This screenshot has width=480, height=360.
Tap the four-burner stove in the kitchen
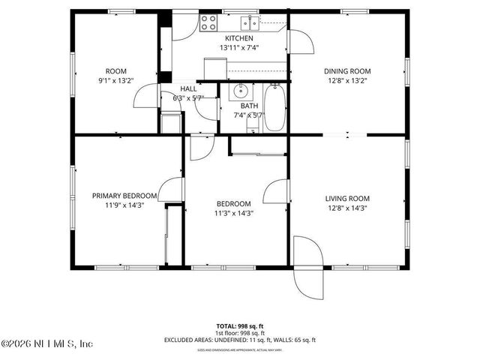pyautogui.click(x=210, y=22)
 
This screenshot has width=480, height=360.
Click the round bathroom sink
pyautogui.click(x=240, y=92)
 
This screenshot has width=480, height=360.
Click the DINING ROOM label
pyautogui.click(x=347, y=72)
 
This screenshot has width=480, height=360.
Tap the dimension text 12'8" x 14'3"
pyautogui.click(x=347, y=208)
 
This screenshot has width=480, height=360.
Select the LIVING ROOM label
pyautogui.click(x=347, y=199)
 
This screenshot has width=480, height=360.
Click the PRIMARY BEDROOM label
pyautogui.click(x=124, y=196)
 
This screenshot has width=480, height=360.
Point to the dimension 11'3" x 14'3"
pyautogui.click(x=234, y=213)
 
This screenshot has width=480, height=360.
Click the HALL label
pyautogui.click(x=188, y=88)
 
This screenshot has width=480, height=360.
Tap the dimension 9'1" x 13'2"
pyautogui.click(x=118, y=82)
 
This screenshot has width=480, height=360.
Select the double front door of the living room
pyautogui.click(x=308, y=266)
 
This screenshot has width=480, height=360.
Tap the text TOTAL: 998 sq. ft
pyautogui.click(x=240, y=326)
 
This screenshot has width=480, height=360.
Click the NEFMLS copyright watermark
pyautogui.click(x=46, y=344)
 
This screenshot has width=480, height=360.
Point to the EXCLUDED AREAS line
pyautogui.click(x=240, y=340)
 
